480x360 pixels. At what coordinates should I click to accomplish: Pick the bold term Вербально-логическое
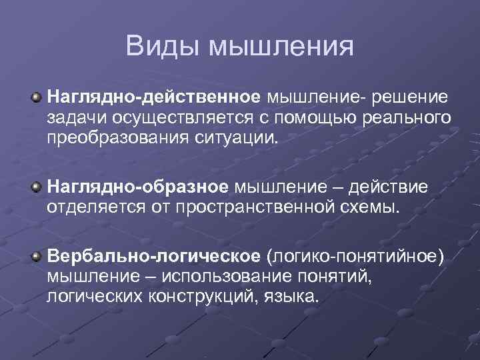coord(153,256)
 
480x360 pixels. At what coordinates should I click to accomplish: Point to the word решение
coord(411,99)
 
